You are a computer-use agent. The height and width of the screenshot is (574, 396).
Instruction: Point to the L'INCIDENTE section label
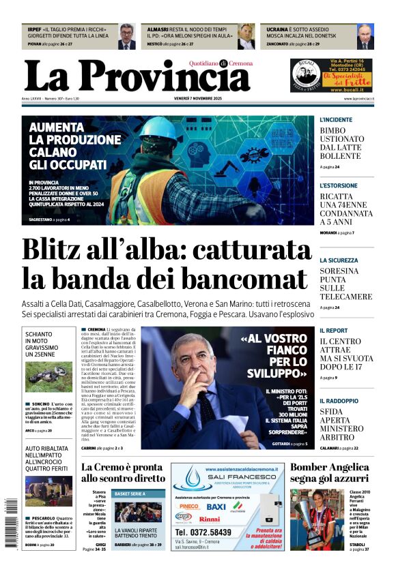[x=336, y=120]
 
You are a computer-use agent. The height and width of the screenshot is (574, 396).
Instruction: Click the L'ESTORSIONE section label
[x=339, y=185]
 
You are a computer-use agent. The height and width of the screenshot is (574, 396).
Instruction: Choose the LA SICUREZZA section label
[x=339, y=260]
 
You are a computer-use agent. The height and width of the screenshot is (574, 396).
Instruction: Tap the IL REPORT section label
[x=334, y=331]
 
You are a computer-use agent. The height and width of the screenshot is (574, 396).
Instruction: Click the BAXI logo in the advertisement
[x=216, y=507]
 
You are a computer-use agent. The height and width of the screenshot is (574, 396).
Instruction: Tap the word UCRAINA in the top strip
[x=277, y=30]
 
